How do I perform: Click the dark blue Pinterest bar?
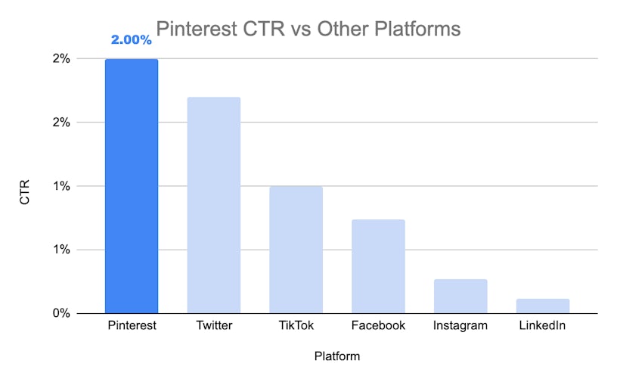click(132, 186)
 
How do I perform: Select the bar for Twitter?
click(213, 205)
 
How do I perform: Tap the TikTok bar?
click(296, 250)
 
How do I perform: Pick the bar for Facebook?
click(378, 266)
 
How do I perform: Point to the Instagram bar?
click(460, 296)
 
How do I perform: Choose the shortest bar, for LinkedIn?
click(543, 306)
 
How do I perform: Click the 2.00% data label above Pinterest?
click(131, 40)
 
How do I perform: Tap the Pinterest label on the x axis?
click(132, 326)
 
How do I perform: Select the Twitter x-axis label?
click(213, 326)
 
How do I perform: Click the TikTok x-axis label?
click(296, 326)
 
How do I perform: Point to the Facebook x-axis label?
click(378, 326)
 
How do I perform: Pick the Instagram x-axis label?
click(460, 326)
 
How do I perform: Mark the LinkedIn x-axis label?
click(543, 326)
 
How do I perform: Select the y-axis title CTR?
click(25, 187)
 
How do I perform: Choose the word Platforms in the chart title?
click(417, 30)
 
